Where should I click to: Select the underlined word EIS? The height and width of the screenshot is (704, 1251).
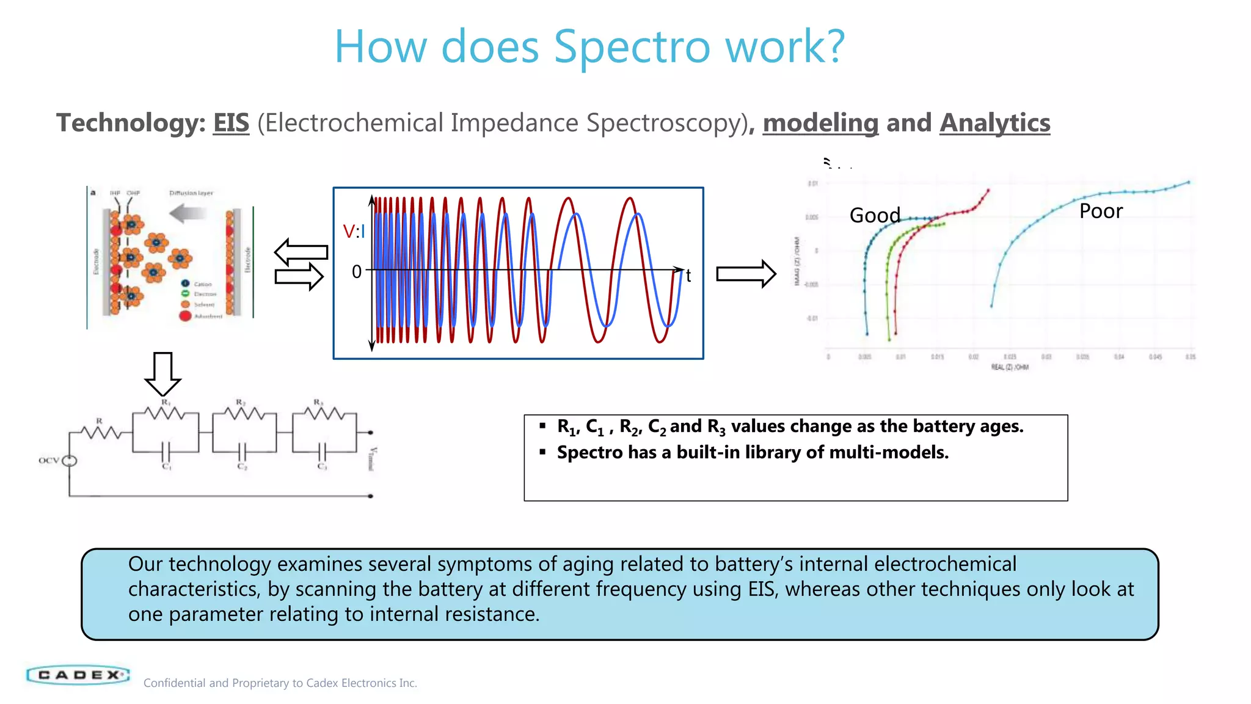(231, 123)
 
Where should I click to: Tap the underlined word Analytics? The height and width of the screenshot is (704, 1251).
(994, 123)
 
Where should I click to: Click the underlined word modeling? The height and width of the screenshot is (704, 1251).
(820, 123)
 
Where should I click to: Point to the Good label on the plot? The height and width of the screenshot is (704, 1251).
(875, 215)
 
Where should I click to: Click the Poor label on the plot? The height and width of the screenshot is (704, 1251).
(1101, 211)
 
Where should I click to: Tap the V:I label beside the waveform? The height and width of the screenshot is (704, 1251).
(354, 232)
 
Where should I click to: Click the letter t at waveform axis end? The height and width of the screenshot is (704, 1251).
(688, 276)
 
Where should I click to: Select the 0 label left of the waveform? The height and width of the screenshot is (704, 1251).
(357, 271)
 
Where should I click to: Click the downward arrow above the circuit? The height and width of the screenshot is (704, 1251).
(162, 373)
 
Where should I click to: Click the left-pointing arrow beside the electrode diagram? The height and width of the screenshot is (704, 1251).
(301, 251)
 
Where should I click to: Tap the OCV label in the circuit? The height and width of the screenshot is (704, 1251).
(48, 460)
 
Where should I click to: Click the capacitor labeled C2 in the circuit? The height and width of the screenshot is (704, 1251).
(242, 452)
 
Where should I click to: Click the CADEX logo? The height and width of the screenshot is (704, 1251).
(78, 675)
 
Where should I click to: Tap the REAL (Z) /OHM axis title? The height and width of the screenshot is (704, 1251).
(1010, 367)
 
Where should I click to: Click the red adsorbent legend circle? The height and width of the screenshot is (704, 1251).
(185, 316)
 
